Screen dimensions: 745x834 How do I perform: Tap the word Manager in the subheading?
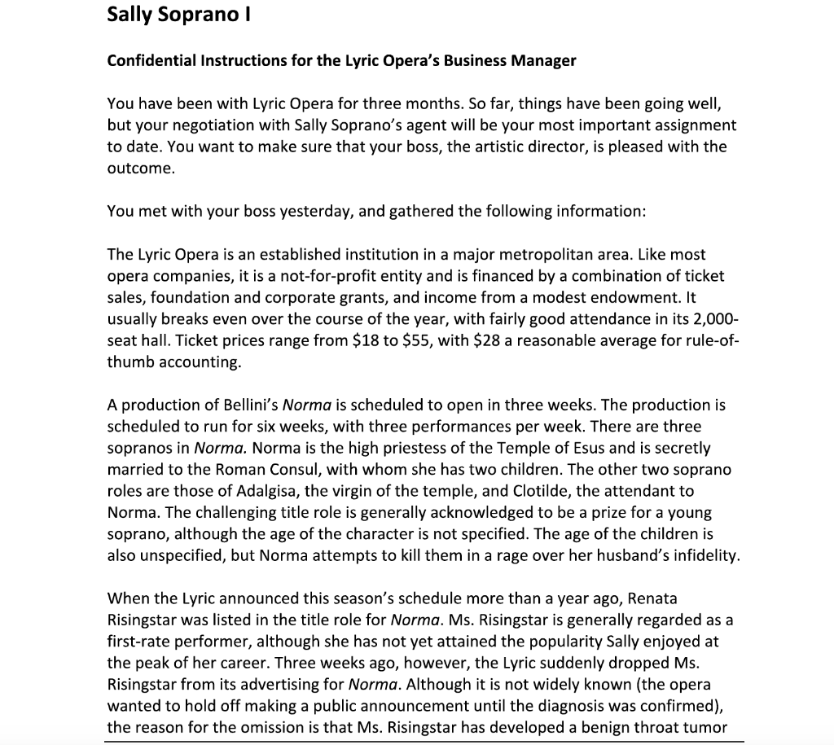[545, 61]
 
